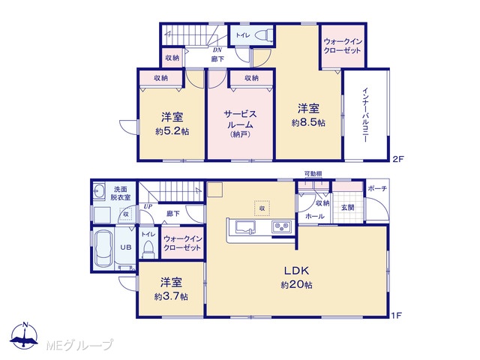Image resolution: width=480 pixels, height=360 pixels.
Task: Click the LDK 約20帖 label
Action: coord(296,277)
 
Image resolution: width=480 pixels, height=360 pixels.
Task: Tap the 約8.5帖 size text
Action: coord(308,123)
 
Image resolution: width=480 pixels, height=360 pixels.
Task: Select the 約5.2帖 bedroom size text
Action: coord(172,132)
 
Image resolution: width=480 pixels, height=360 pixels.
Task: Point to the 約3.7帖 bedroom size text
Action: coord(171,297)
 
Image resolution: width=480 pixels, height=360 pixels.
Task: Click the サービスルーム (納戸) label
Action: coord(240,124)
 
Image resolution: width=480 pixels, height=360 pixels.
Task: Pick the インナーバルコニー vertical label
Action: coord(365,115)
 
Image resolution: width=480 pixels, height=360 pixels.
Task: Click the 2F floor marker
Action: coord(399,159)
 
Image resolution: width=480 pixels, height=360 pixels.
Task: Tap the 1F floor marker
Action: coord(397,315)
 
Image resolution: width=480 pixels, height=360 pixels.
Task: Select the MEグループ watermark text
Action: coord(79,346)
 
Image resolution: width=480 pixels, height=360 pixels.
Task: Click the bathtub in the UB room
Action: coord(103,249)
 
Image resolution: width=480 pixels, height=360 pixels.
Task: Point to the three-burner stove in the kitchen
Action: coord(281,226)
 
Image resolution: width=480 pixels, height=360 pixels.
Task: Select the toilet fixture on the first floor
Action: coord(148,249)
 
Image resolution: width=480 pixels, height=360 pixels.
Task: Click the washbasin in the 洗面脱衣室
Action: coord(98,190)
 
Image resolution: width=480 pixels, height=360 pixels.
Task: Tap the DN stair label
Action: coord(217,50)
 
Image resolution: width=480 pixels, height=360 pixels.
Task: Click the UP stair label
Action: coord(148,207)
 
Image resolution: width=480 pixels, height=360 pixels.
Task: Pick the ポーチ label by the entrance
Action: coord(377,188)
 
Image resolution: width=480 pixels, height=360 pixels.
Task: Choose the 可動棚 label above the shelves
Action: coord(313,174)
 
